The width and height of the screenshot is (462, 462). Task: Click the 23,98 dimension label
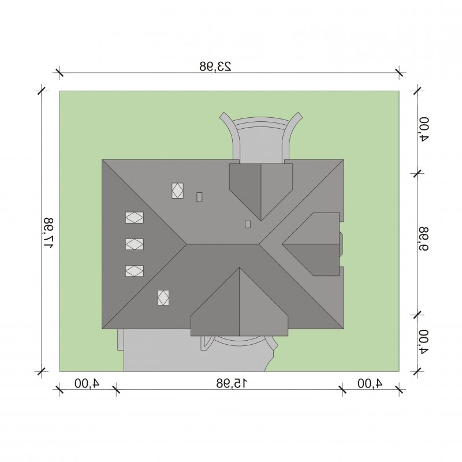coord(215,66)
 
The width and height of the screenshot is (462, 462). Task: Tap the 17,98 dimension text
coord(49,233)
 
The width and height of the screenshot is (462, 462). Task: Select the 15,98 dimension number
coord(232,383)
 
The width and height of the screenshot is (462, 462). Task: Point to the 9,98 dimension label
coord(423,239)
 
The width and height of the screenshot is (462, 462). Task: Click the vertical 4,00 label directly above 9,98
coord(423,129)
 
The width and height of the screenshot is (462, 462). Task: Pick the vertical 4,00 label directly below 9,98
coord(423,341)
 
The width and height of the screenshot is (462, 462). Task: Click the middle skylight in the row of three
coord(135,244)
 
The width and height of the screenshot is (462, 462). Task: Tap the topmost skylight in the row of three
coord(135,218)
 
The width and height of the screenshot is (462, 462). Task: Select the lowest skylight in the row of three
coord(135,271)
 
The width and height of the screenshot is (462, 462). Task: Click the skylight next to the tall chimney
coord(177,191)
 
